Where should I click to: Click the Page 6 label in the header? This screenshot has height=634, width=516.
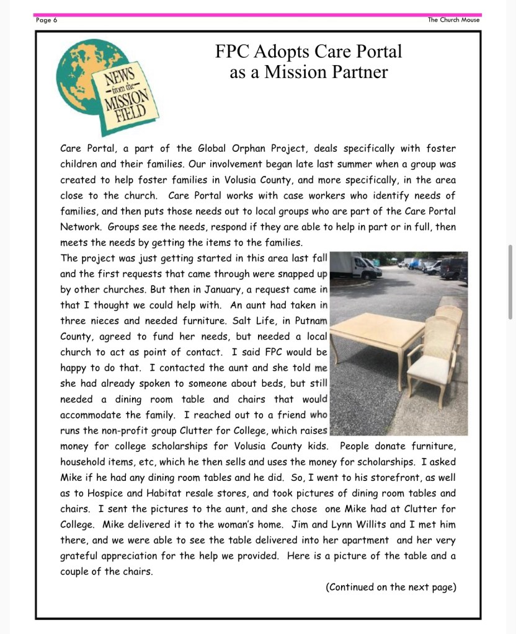47,20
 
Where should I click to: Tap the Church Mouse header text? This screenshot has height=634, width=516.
453,20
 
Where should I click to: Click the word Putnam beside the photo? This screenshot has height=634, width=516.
309,321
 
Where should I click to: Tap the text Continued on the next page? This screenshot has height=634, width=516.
391,587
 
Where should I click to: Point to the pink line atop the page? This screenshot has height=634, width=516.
258,14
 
